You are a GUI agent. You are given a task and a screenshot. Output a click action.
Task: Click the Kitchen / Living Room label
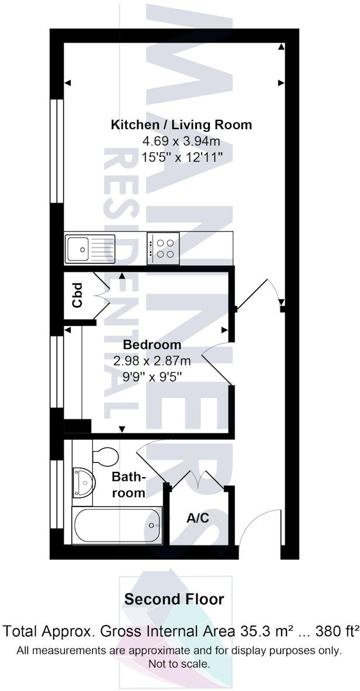[x=181, y=124]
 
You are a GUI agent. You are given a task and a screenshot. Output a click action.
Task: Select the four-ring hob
[x=164, y=248]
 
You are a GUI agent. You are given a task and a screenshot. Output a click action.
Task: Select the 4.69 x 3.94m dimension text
[x=181, y=141]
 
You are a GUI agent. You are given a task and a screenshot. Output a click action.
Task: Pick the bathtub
[x=117, y=525]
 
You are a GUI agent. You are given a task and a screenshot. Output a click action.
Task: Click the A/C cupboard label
[x=198, y=518]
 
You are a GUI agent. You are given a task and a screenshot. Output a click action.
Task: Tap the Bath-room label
[x=129, y=485]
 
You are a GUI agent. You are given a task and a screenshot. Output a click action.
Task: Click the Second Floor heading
[x=174, y=599]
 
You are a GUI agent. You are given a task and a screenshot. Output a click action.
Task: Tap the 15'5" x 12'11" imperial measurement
[x=181, y=158]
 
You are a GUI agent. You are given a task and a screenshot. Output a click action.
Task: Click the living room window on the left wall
[x=56, y=151]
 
